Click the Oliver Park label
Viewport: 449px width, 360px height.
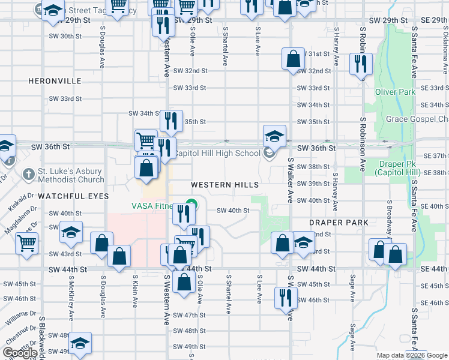pyautogui.click(x=395, y=92)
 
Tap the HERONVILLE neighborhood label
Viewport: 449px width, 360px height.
pyautogui.click(x=54, y=80)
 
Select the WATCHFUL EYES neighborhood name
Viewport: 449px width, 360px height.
pyautogui.click(x=73, y=196)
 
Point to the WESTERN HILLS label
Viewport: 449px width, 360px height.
pyautogui.click(x=225, y=185)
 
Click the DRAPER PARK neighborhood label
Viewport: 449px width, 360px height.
pyautogui.click(x=338, y=223)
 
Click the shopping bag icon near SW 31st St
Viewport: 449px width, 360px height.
pyautogui.click(x=293, y=59)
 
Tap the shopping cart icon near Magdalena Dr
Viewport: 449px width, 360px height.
pyautogui.click(x=26, y=244)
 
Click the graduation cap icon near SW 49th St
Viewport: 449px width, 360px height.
pyautogui.click(x=79, y=343)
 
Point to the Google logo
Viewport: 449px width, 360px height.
pyautogui.click(x=20, y=353)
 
